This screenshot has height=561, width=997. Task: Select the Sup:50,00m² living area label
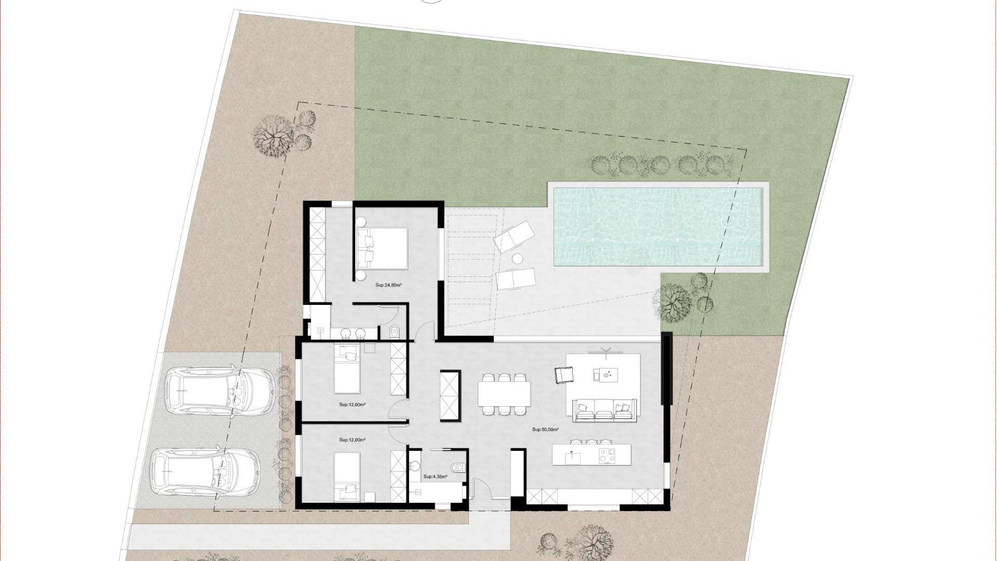[x=545, y=430]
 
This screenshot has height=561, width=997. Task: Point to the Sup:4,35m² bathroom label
[x=435, y=476]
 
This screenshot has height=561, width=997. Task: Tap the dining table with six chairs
[x=504, y=394]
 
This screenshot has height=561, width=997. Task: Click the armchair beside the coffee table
[x=563, y=375]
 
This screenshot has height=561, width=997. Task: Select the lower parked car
[x=205, y=473]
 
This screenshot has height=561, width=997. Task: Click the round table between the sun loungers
[x=518, y=258]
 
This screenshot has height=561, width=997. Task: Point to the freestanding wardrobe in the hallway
[x=450, y=396]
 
